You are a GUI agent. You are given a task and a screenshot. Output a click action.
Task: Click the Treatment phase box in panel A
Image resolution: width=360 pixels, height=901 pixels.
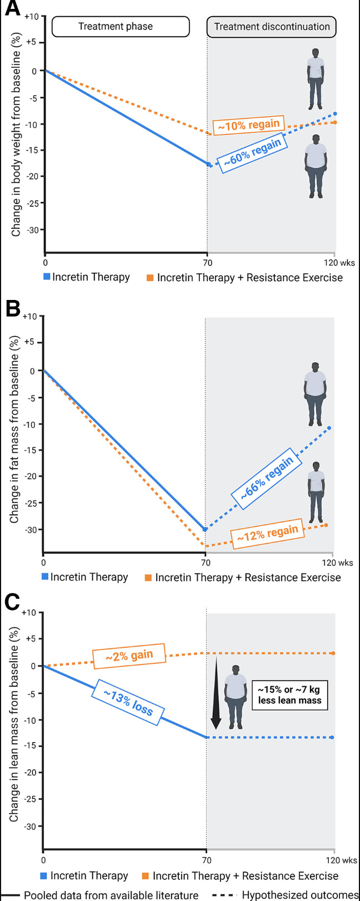[x=116, y=26]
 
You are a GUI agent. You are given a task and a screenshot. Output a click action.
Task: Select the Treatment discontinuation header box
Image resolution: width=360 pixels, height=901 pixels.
[x=272, y=26]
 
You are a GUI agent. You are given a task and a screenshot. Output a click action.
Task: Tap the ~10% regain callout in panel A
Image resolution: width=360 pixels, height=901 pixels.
[x=248, y=125]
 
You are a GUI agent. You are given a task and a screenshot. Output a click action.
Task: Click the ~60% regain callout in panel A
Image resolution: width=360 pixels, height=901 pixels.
[x=252, y=154]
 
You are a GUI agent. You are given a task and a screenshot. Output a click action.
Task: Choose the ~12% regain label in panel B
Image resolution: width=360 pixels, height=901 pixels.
[x=267, y=534]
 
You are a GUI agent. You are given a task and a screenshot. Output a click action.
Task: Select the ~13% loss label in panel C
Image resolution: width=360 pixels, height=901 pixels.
[x=128, y=702]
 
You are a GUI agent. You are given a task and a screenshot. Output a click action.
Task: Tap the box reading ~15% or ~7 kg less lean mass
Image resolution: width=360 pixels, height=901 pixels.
[x=289, y=695]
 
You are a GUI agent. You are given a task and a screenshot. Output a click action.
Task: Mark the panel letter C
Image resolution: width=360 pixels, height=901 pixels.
[x=11, y=603]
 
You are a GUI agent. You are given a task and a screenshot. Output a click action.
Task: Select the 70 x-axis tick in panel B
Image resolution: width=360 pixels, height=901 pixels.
[x=206, y=562]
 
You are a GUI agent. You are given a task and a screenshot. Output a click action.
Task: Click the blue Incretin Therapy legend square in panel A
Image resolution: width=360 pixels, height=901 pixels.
[x=47, y=277]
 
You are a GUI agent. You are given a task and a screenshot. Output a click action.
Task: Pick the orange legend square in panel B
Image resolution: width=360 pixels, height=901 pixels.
[x=148, y=578]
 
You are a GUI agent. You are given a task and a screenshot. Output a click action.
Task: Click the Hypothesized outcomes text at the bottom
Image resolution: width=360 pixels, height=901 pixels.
[x=300, y=895]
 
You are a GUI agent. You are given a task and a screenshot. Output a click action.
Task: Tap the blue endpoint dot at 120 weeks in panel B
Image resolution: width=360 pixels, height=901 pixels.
[x=329, y=428]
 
